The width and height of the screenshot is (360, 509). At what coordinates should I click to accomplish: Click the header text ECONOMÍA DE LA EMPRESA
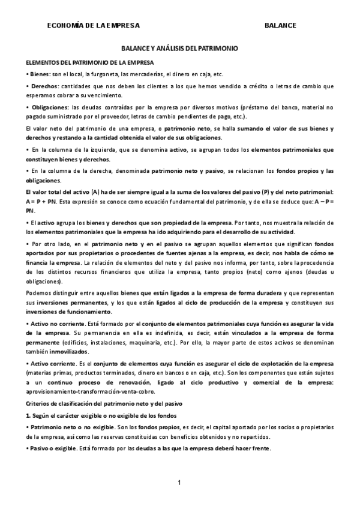[x=93, y=25]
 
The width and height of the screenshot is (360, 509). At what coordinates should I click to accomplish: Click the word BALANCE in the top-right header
[x=280, y=25]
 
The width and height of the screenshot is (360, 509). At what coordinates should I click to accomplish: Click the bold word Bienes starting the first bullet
[x=40, y=74]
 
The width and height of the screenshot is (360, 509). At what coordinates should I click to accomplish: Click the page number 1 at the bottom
[x=179, y=483]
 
